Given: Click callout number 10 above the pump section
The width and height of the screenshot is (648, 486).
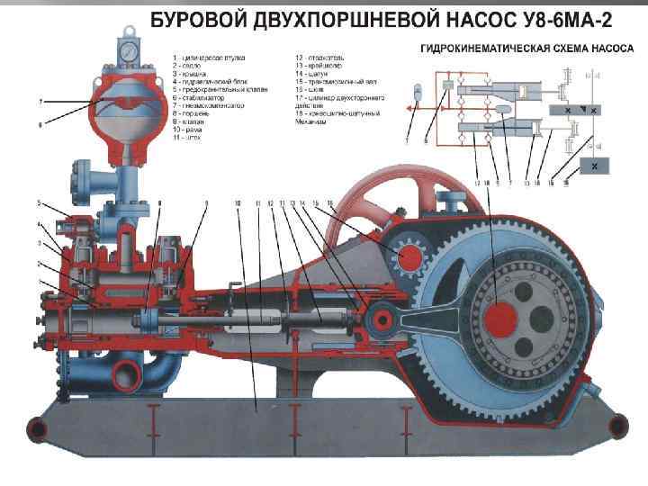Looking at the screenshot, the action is point(237,204).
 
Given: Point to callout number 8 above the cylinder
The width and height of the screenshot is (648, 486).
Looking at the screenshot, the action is point(159,204).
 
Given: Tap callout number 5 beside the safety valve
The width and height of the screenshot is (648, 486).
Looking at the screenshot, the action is point(39,202).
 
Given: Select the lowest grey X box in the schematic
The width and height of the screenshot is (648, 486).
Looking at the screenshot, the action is point(594,166).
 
